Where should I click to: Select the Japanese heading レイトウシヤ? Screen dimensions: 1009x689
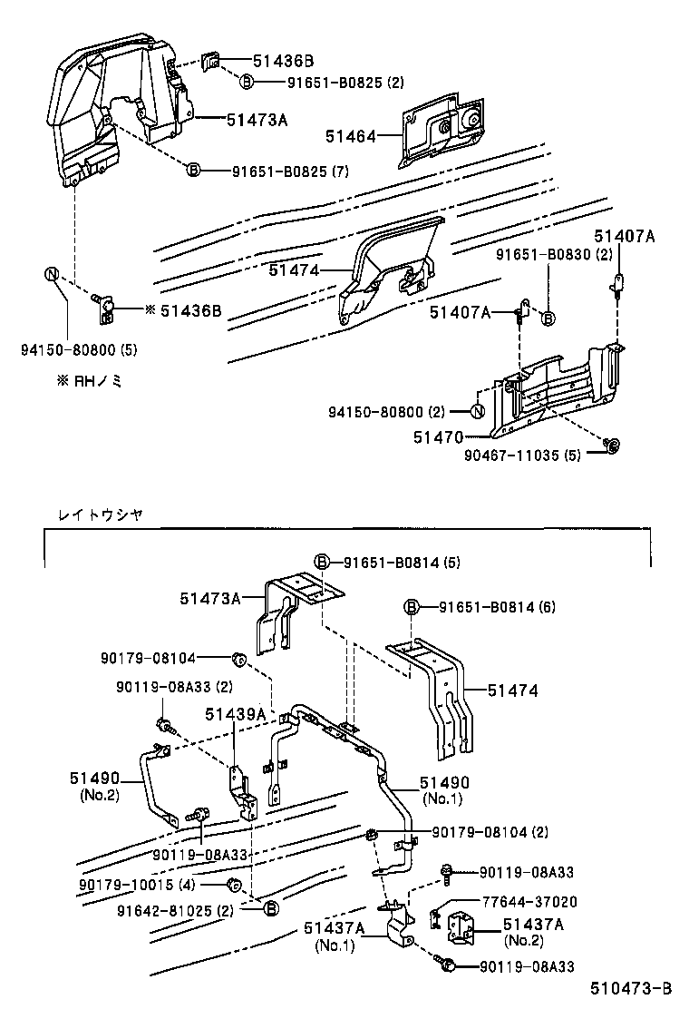(100, 514)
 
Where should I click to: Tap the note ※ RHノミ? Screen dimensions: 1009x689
(87, 381)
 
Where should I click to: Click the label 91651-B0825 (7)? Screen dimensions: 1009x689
(290, 171)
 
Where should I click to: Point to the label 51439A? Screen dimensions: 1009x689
(234, 714)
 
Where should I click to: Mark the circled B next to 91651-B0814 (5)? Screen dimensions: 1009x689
(322, 563)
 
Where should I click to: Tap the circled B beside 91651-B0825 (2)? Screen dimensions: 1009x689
(247, 83)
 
